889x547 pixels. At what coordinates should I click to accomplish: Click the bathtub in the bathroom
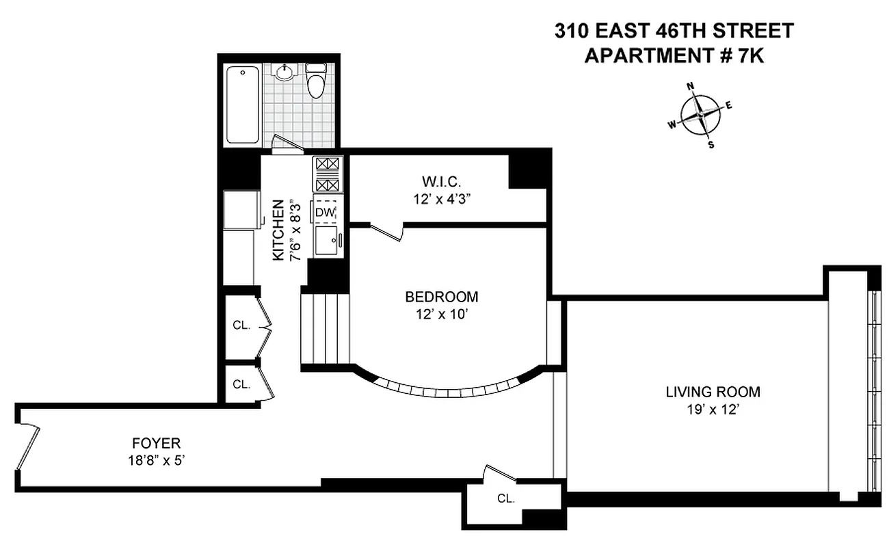pos(243,104)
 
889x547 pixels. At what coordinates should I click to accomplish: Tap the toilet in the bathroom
pos(316,82)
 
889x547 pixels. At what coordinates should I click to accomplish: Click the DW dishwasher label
pos(325,213)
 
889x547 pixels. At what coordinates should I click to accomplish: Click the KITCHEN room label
pos(278,230)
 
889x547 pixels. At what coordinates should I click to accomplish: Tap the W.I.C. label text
pos(442,182)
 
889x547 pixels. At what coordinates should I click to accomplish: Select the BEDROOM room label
pos(441,297)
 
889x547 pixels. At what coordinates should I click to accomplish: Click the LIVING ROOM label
pos(713,392)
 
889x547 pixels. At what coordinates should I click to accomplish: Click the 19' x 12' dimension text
pos(713,410)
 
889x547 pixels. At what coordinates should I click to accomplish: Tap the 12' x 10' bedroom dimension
pos(441,315)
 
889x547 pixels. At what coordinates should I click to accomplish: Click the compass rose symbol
pos(701,114)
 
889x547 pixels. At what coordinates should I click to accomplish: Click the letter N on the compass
pos(691,86)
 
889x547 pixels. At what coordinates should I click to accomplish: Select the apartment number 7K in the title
pos(750,55)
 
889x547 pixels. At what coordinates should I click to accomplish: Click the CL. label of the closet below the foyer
pos(505,498)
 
